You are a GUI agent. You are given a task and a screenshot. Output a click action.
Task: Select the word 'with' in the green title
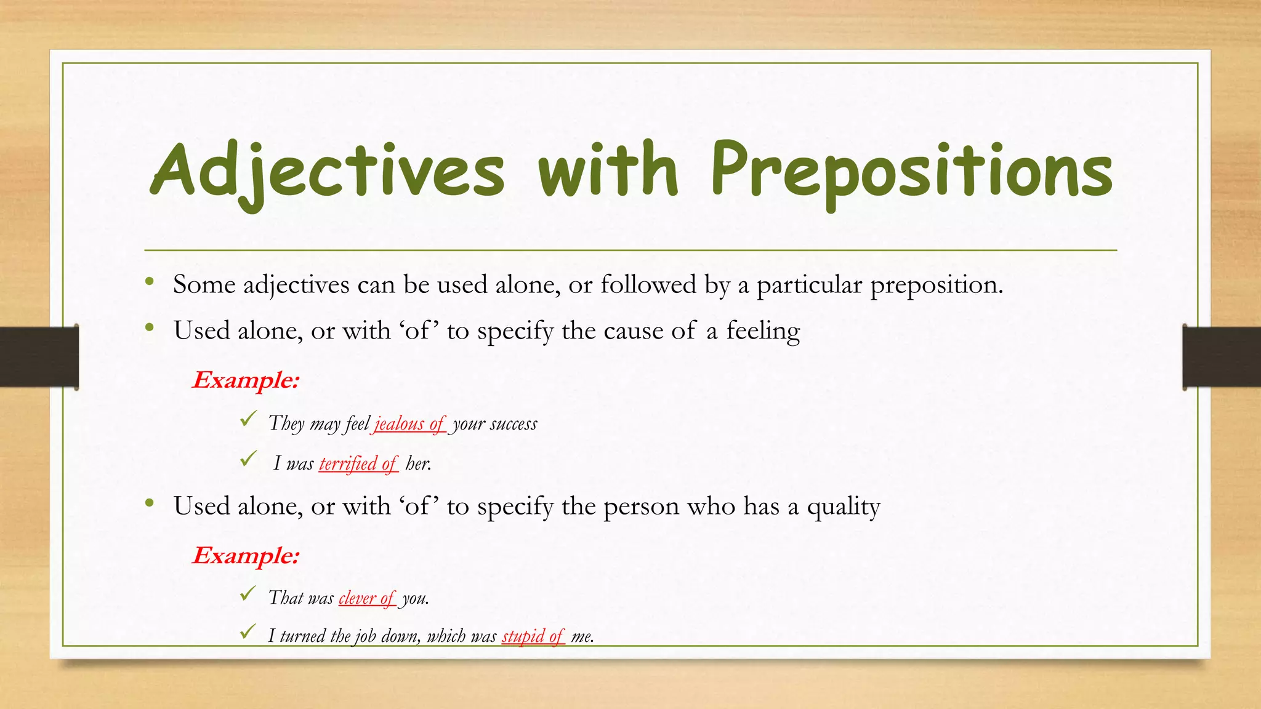[608, 169]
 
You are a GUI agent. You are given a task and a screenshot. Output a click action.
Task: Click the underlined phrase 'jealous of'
[409, 424]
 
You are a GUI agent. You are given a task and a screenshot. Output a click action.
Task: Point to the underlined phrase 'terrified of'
[358, 463]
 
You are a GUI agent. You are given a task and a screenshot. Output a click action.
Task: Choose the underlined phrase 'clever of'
[367, 598]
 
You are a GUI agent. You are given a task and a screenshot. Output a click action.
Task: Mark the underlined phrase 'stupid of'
[533, 636]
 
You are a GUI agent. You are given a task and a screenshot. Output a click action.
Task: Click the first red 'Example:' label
[246, 380]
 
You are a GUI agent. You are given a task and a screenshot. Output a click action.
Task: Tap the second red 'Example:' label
[246, 556]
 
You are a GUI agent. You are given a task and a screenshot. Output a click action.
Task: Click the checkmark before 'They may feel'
[248, 420]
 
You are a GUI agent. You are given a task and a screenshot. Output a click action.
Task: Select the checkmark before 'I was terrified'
[248, 459]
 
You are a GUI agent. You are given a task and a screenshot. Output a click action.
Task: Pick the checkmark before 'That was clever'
[248, 594]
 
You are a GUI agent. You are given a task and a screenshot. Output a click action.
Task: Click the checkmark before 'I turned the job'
[248, 631]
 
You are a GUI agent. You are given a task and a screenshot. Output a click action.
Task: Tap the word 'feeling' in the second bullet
[763, 332]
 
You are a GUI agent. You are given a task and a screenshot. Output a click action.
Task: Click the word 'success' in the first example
[514, 424]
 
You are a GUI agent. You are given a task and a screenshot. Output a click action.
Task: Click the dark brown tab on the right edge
[1222, 357]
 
